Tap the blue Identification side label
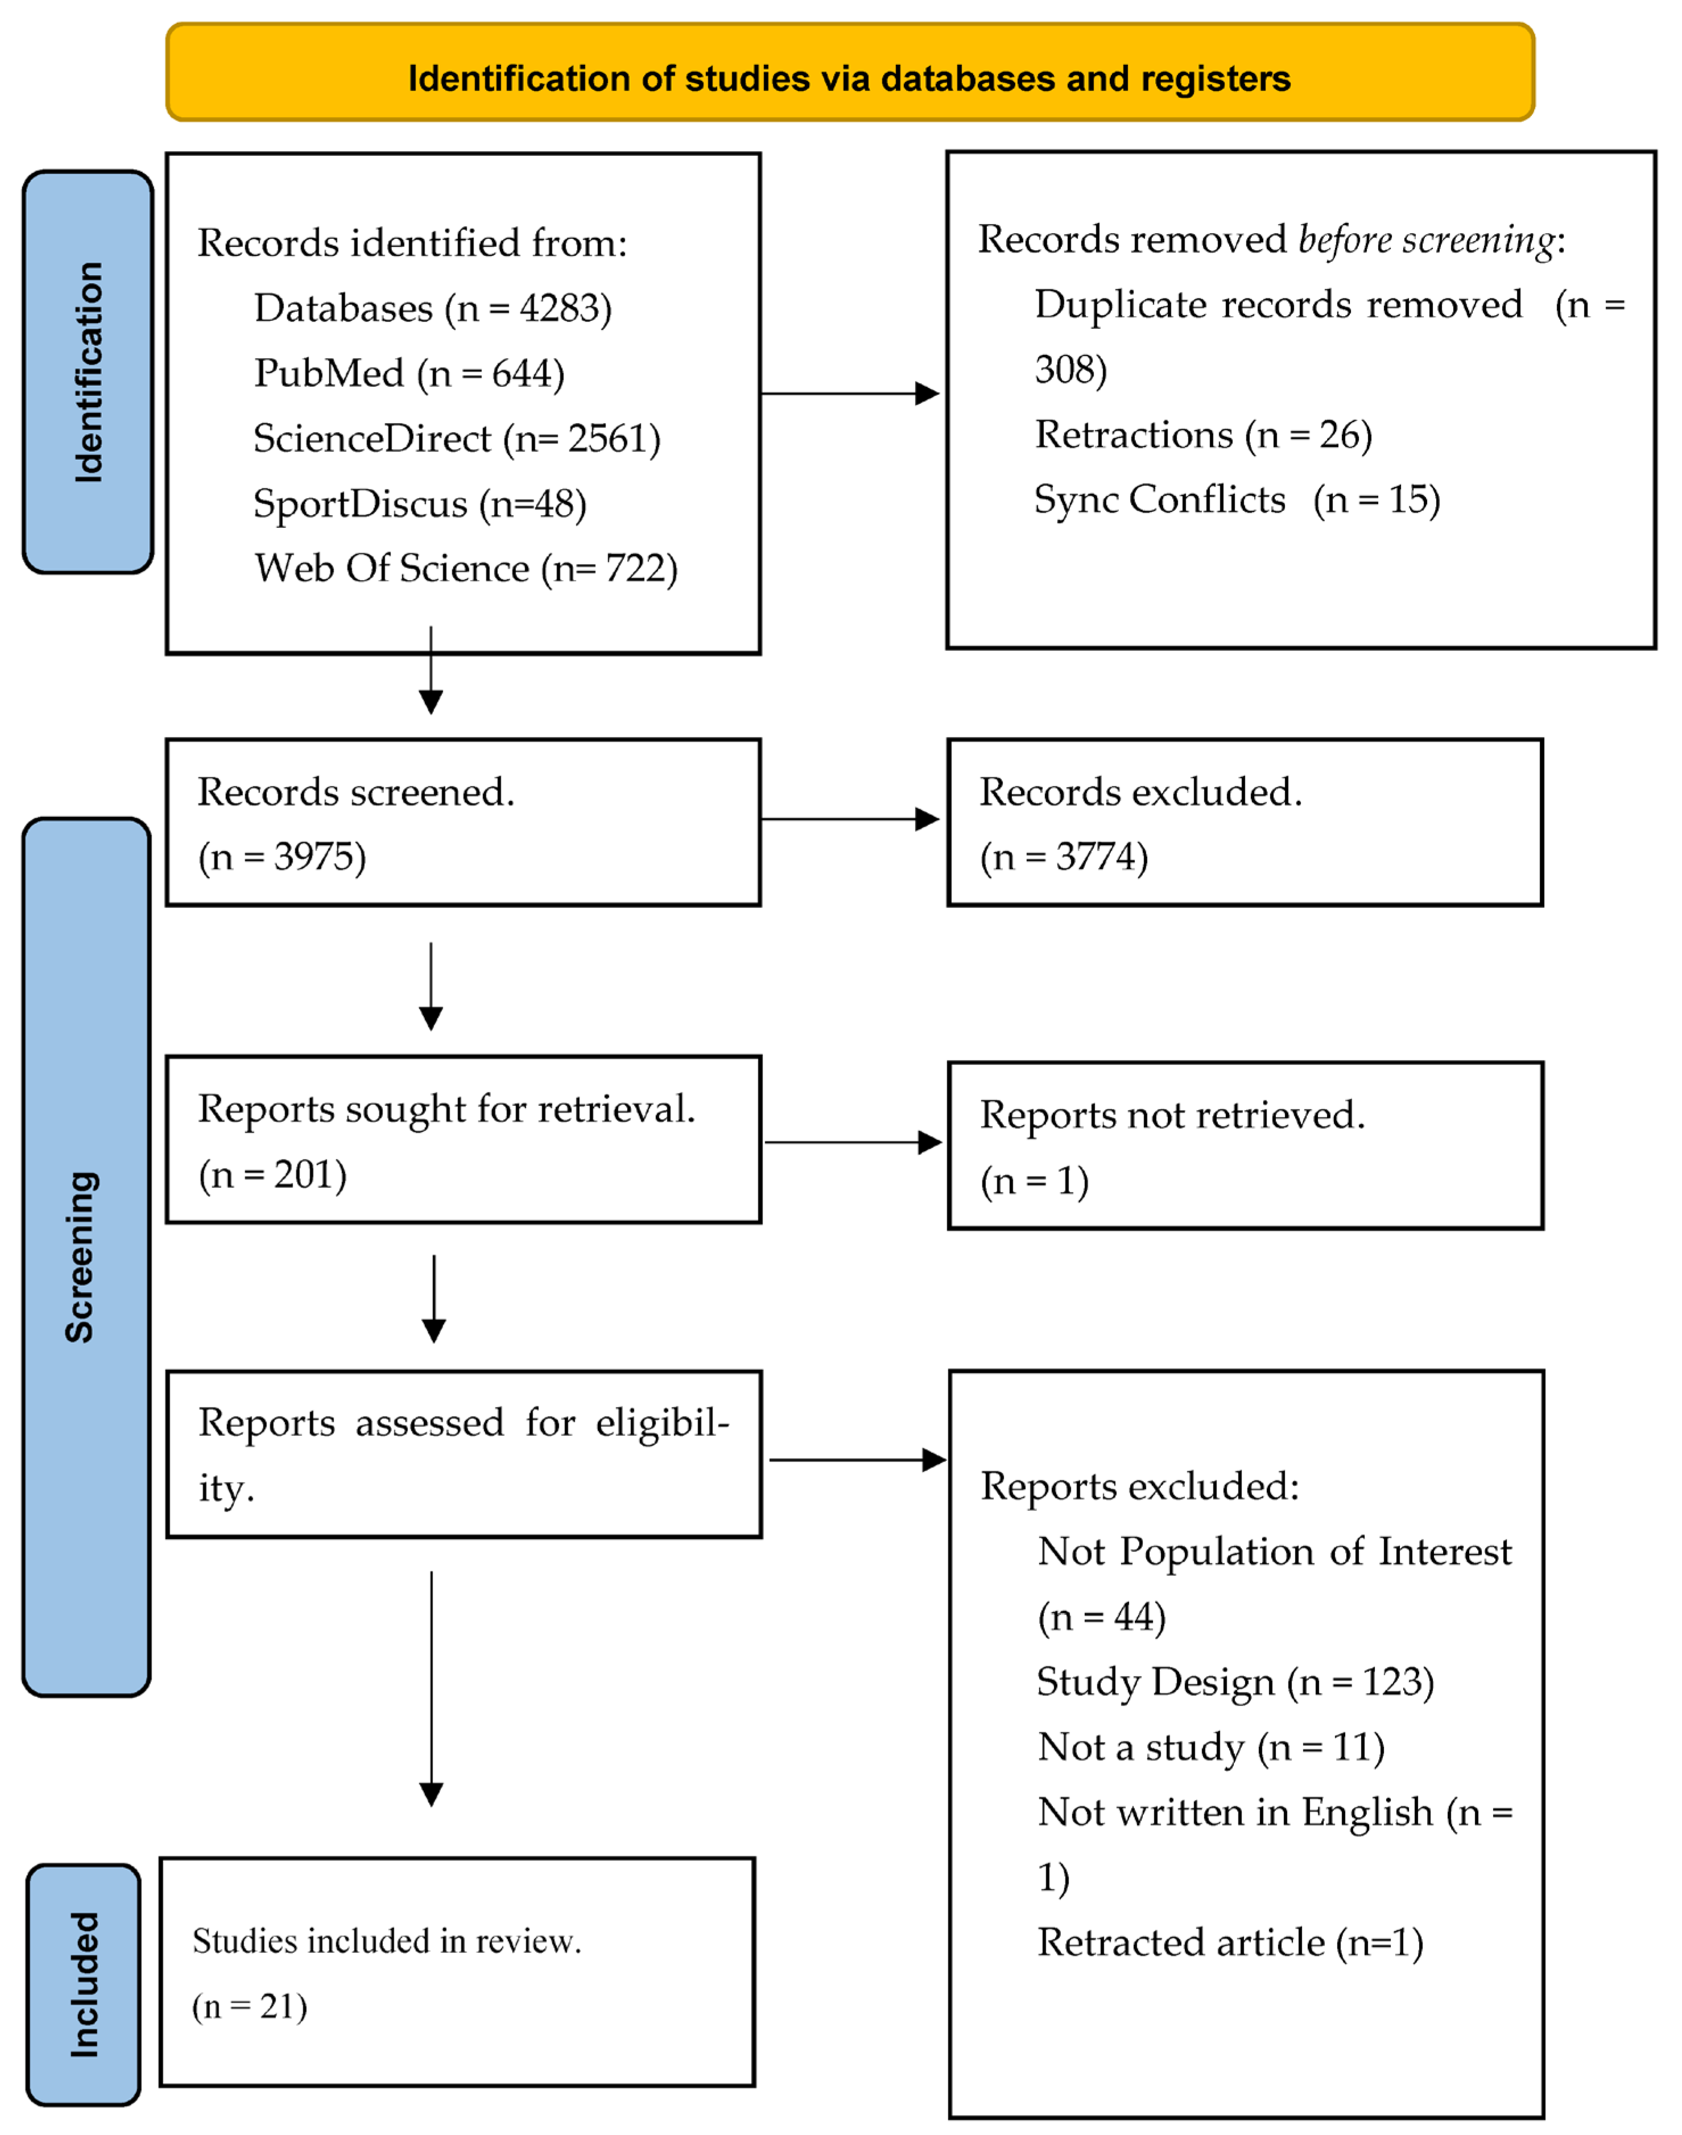(x=88, y=371)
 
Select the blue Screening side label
(x=86, y=1257)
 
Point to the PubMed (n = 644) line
(x=408, y=373)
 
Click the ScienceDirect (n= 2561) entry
(x=457, y=438)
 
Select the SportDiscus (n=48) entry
(x=420, y=503)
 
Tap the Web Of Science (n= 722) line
(x=466, y=568)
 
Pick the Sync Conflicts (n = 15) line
(x=1237, y=499)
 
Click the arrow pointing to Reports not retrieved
(x=852, y=1142)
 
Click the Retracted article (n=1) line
(x=1230, y=1942)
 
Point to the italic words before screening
(x=1427, y=239)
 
